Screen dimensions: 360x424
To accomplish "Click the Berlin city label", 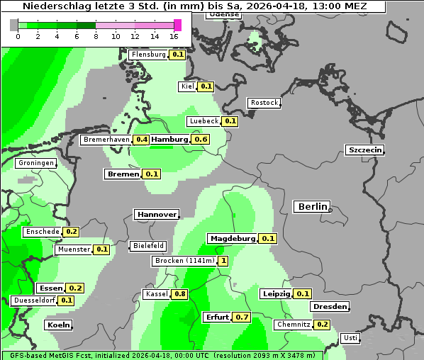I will (312, 207).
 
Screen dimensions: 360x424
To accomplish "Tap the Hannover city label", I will (156, 214).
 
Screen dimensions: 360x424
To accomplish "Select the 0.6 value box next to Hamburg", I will (201, 140).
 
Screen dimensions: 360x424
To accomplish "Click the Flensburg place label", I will (148, 55).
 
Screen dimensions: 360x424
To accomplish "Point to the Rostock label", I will (264, 103).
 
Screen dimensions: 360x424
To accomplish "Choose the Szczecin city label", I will (365, 150).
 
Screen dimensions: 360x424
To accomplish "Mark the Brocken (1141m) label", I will (184, 261).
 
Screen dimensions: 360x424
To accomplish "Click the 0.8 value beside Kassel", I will (179, 294).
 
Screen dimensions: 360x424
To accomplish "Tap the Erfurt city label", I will (217, 317).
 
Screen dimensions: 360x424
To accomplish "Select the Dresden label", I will (330, 307).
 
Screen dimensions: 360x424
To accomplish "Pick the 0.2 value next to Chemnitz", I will (322, 325).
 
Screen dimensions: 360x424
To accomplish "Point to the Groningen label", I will (36, 163).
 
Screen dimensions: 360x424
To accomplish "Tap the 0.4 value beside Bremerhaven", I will (141, 140).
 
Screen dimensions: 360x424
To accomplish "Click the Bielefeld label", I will (147, 246).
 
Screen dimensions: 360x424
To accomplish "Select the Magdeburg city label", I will (232, 238).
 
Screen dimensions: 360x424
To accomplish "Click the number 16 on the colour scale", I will (174, 36).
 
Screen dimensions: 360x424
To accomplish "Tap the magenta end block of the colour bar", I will (177, 25).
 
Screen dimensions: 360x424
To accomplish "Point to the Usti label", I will (350, 338).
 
